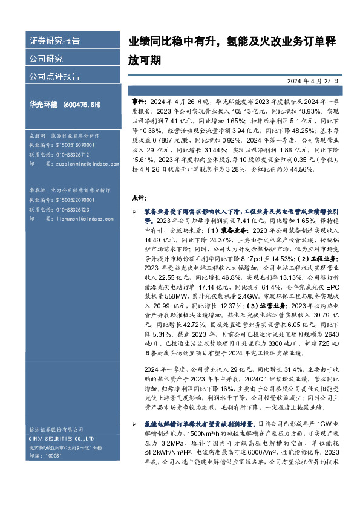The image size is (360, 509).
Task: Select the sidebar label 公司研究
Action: (46, 59)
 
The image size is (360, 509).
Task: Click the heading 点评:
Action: (139, 198)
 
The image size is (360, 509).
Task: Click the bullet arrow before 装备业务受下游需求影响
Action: (135, 213)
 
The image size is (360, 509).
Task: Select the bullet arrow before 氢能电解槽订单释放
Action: (135, 424)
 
